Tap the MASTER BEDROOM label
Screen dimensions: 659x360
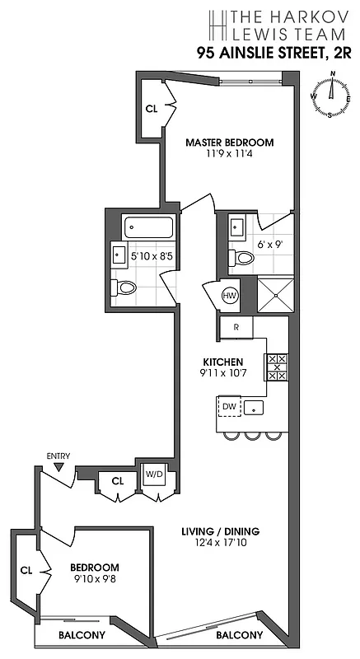[x=229, y=142]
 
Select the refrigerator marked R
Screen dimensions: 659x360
[x=236, y=327]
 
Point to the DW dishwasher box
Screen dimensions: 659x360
[x=229, y=407]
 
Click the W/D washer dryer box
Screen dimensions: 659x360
[x=154, y=474]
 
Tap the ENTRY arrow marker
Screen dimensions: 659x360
[x=58, y=467]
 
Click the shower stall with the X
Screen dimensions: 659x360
[x=274, y=295]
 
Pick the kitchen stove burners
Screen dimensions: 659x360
[x=275, y=367]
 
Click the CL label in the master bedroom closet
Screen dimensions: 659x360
[x=152, y=108]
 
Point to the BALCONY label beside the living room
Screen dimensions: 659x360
[x=239, y=635]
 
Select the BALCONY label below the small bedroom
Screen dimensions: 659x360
[x=82, y=635]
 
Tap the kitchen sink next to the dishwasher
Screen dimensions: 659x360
[x=255, y=407]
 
